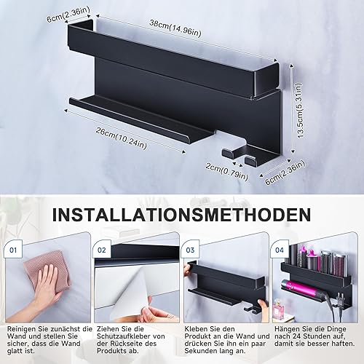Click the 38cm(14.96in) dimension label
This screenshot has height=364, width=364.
click(175, 29)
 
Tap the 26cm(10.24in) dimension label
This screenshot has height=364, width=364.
click(121, 138)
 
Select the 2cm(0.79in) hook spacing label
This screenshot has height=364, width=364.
click(227, 172)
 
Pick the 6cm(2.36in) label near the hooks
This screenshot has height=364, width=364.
click(285, 173)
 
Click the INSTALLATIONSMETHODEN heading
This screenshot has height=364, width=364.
click(181, 214)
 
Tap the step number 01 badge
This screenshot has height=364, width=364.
click(13, 250)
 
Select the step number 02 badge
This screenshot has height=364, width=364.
click(102, 250)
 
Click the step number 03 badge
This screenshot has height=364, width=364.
click(191, 250)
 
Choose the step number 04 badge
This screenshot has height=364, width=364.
click(280, 250)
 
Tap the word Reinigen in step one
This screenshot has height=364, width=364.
click(22, 329)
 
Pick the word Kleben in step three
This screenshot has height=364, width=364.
click(196, 329)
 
